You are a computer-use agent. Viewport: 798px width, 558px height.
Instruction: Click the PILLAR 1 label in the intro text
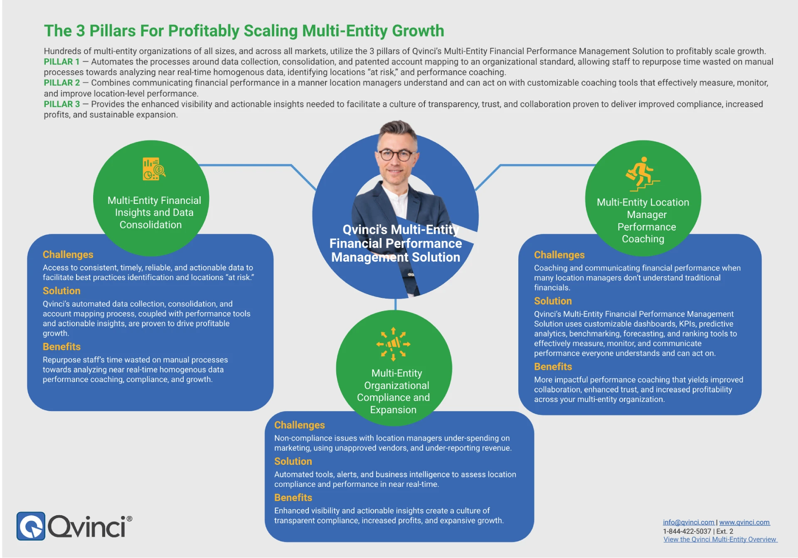tap(62, 62)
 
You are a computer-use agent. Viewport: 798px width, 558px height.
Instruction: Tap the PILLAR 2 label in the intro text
tap(62, 83)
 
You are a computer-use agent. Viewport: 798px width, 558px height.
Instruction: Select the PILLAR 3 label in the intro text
tap(62, 104)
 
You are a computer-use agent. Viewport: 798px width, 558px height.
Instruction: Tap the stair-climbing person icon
tap(643, 174)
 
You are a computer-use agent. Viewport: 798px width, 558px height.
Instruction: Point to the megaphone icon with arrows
tap(393, 344)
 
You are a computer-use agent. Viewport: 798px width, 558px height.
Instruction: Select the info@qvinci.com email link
tap(688, 522)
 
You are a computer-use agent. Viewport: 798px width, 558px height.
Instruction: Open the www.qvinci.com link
tap(744, 522)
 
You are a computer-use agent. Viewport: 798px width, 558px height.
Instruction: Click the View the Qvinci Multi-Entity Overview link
tap(720, 539)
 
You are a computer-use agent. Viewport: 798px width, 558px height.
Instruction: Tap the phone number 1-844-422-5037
tap(687, 531)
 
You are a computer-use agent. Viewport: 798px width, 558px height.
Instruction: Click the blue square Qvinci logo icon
tap(31, 526)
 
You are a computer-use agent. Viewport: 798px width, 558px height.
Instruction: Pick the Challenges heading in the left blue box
tap(68, 255)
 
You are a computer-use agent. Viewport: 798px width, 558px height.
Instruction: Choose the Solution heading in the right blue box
tap(553, 301)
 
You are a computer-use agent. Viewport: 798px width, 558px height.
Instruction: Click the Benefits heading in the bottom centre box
tap(293, 498)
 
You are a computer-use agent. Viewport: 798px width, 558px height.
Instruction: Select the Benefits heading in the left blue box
tap(62, 347)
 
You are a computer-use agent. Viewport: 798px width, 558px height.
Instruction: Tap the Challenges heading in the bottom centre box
tap(299, 425)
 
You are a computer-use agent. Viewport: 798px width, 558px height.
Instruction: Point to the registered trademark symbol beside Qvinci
tap(130, 519)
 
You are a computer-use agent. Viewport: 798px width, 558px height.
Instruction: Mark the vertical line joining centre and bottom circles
tap(395, 304)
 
